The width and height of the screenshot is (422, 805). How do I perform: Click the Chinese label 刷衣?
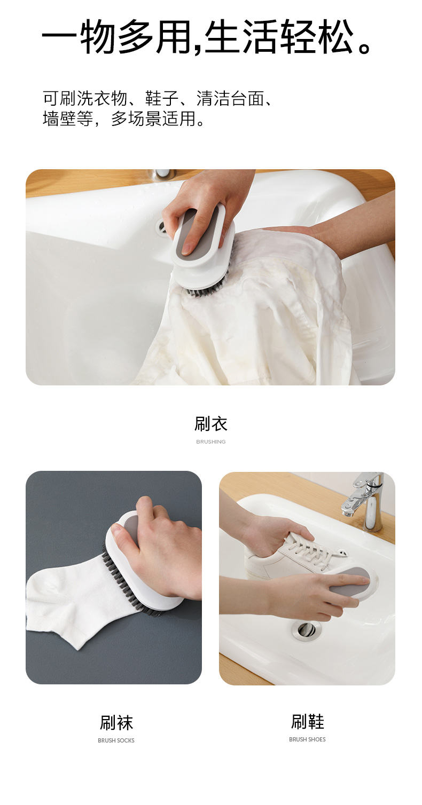211,424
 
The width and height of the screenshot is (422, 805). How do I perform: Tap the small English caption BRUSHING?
211,441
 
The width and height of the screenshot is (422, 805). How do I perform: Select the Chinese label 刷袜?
116,723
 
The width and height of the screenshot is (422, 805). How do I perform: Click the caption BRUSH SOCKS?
116,740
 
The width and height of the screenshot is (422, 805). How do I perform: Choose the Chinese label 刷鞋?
308,722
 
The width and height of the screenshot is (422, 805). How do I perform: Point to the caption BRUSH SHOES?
307,739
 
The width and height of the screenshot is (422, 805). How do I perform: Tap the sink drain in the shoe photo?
306,629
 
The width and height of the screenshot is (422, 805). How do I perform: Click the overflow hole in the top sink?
161,226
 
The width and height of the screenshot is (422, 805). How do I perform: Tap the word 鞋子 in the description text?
162,98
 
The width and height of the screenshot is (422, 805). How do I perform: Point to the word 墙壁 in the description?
59,118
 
